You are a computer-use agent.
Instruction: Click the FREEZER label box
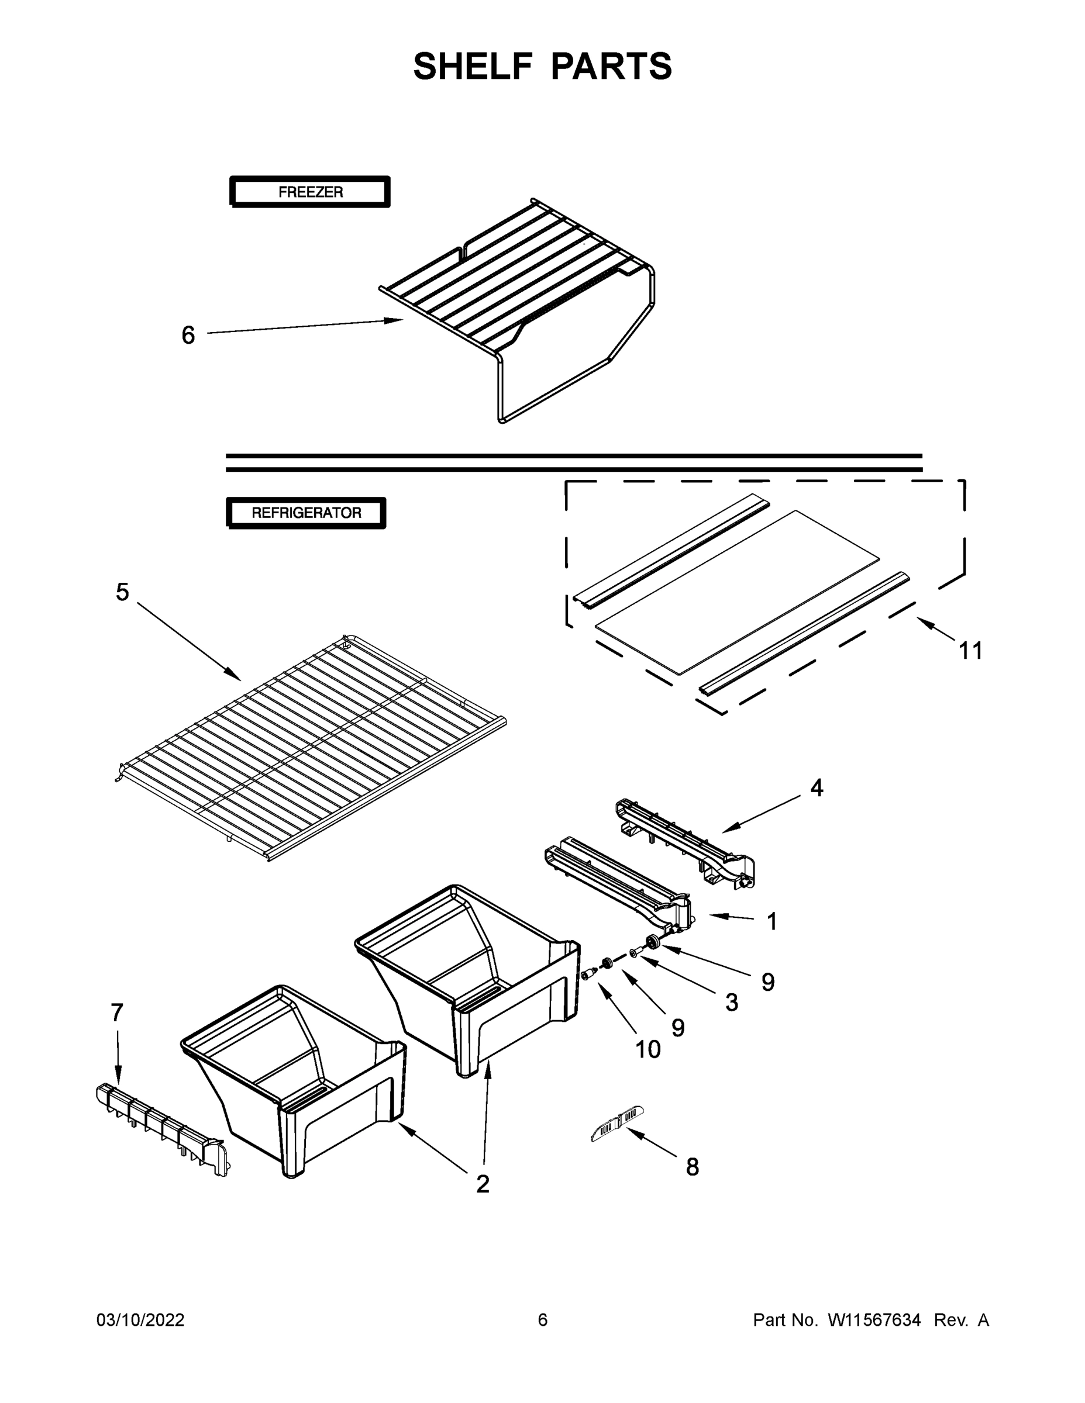[x=310, y=191]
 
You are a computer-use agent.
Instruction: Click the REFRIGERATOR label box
[x=306, y=513]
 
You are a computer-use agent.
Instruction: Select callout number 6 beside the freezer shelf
[x=188, y=335]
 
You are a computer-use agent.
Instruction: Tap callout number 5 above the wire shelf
[x=122, y=592]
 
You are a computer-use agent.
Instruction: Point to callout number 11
[x=970, y=651]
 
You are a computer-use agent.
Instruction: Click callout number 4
[x=817, y=787]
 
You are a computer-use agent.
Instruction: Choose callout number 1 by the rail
[x=772, y=921]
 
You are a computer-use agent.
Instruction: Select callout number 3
[x=732, y=1003]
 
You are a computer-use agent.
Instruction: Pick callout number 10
[x=647, y=1050]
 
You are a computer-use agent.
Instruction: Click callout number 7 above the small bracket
[x=116, y=1013]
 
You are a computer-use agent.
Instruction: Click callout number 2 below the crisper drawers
[x=483, y=1184]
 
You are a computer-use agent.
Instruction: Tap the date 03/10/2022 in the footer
[x=140, y=1320]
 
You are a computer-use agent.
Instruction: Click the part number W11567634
[x=874, y=1320]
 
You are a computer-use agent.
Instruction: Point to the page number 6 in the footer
[x=543, y=1320]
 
